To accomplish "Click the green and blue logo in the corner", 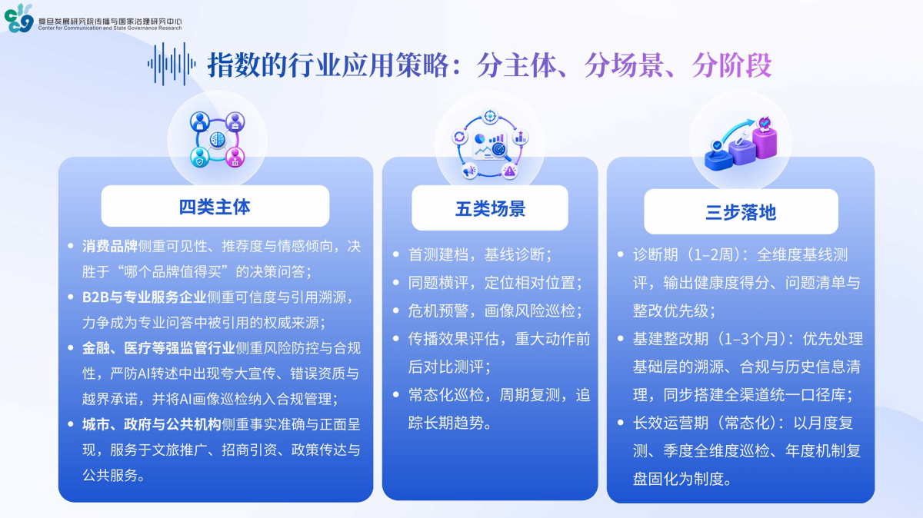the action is [19, 18].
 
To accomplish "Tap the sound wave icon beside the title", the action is [172, 64].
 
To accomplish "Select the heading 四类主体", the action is [215, 207].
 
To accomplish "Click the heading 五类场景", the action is [490, 209].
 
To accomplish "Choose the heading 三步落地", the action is [741, 212].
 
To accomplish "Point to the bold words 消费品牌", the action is [109, 246].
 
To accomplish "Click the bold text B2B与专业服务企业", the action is [145, 297].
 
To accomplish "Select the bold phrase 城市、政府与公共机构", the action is [152, 424].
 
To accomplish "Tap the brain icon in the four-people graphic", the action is [218, 140].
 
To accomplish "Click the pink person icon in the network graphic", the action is [235, 158].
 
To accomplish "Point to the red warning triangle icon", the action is [510, 170].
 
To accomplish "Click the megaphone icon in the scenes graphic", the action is [469, 170].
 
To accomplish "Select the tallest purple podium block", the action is [765, 142].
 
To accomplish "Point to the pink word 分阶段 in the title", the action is [731, 65].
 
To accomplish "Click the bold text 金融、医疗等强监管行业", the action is [158, 348].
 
